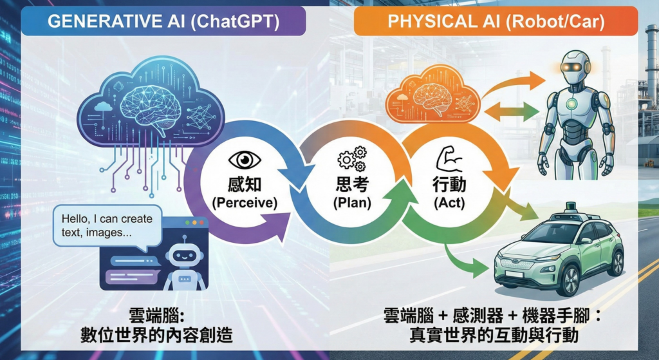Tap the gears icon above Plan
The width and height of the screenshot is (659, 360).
click(x=351, y=158)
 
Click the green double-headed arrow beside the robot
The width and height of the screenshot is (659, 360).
click(x=511, y=111)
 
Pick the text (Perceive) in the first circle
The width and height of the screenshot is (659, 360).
click(x=245, y=203)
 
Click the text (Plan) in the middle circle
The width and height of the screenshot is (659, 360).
click(x=351, y=203)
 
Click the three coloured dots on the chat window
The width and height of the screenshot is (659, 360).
click(x=194, y=223)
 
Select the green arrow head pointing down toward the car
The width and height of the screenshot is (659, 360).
click(x=480, y=270)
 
